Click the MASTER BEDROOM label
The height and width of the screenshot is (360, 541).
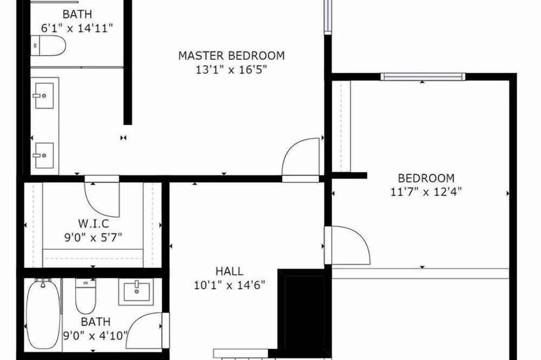coord(232,56)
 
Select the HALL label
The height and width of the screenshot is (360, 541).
coord(229,271)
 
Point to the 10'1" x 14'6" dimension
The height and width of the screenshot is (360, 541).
coord(229,285)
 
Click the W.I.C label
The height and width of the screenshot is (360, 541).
coord(94,223)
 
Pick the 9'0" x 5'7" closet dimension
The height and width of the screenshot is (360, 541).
coord(93,238)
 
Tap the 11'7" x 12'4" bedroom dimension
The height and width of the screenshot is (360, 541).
coord(426,191)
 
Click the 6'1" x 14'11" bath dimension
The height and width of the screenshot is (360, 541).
coord(77,28)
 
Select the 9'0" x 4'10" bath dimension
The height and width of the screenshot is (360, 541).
coord(96,336)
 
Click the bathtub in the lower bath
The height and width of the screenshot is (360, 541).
coord(43,314)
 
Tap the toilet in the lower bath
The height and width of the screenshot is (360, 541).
coord(85,296)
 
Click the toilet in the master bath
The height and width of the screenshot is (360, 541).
coord(48,45)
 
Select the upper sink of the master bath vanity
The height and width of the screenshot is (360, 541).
coord(44,96)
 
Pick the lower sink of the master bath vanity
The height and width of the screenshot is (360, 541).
coord(44,156)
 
